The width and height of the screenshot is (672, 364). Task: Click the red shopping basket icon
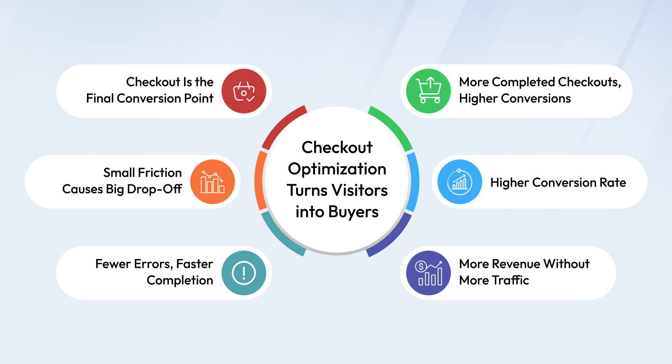point(244,91)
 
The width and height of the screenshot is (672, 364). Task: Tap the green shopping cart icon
point(428,91)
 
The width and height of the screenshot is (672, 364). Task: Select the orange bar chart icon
point(213,182)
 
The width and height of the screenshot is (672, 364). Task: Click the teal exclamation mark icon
point(244,273)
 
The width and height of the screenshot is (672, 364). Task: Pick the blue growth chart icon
point(459,182)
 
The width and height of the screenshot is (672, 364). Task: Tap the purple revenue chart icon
point(428,273)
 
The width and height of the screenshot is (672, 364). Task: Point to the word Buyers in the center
point(353,212)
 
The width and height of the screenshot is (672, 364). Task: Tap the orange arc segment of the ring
point(259,181)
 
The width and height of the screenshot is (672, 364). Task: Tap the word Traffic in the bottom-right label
point(510,280)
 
